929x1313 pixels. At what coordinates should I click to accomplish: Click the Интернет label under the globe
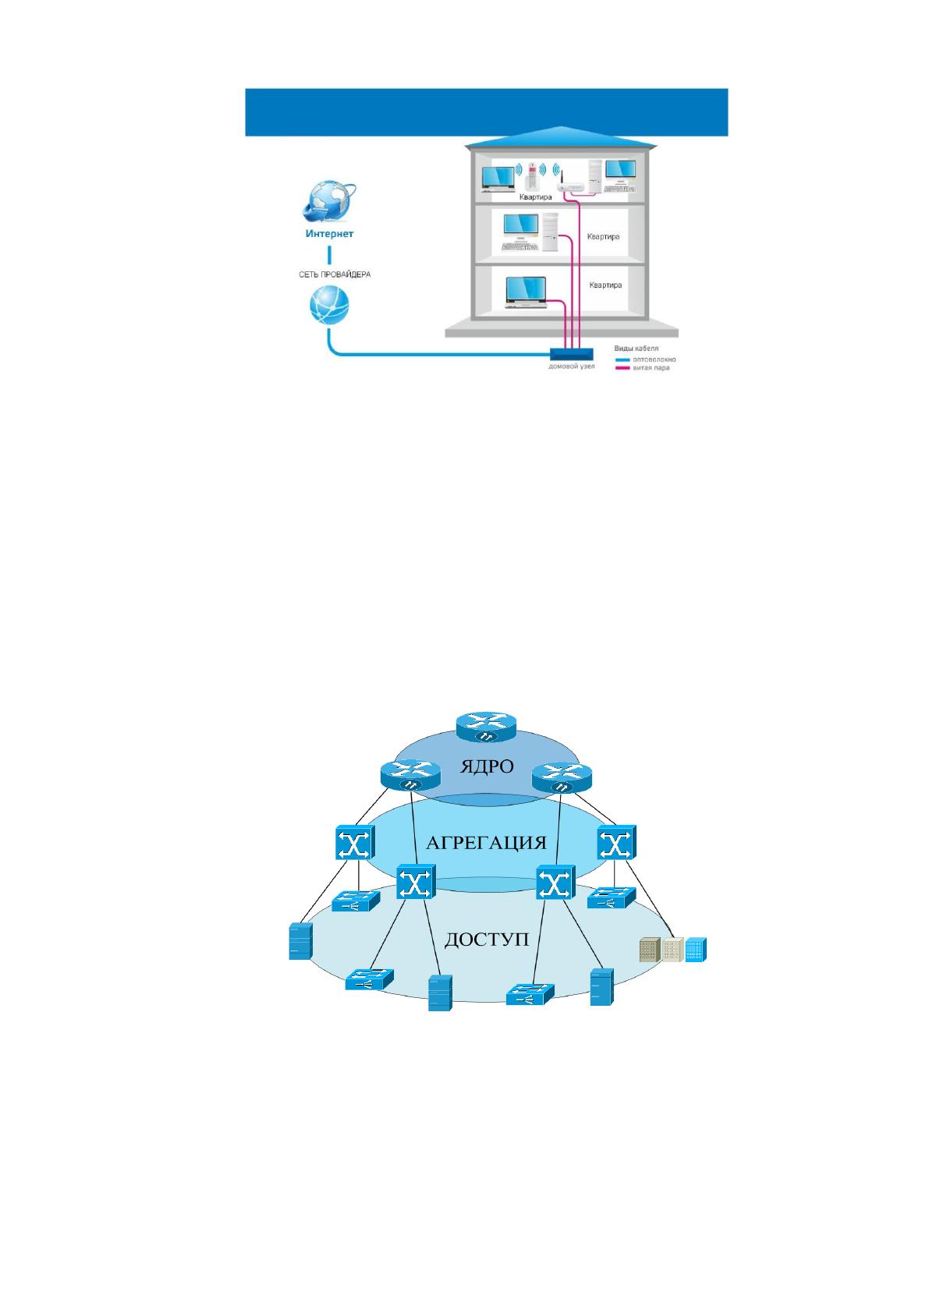pyautogui.click(x=329, y=233)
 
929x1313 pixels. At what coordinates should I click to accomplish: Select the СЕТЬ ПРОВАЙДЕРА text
pyautogui.click(x=335, y=274)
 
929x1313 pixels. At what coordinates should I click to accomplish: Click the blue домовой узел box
pyautogui.click(x=571, y=354)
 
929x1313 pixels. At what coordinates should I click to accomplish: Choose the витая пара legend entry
pyautogui.click(x=642, y=368)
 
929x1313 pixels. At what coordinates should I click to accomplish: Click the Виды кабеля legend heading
pyautogui.click(x=636, y=349)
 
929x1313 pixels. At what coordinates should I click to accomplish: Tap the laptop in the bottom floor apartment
pyautogui.click(x=526, y=292)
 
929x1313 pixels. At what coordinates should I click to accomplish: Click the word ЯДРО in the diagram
pyautogui.click(x=486, y=766)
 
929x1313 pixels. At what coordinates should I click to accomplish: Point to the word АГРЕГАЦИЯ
pyautogui.click(x=486, y=843)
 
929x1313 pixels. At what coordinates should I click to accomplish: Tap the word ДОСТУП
pyautogui.click(x=486, y=940)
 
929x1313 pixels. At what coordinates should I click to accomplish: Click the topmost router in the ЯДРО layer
pyautogui.click(x=486, y=727)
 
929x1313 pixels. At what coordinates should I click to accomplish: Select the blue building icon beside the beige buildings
pyautogui.click(x=696, y=949)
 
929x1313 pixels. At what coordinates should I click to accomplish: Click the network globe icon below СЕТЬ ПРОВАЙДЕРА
pyautogui.click(x=329, y=306)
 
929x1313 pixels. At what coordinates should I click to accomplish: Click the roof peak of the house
pyautogui.click(x=562, y=127)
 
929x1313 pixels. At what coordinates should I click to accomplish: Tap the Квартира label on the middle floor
pyautogui.click(x=603, y=237)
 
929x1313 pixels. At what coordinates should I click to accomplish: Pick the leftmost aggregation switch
pyautogui.click(x=356, y=843)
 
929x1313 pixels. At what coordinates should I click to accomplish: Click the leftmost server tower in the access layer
pyautogui.click(x=300, y=941)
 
